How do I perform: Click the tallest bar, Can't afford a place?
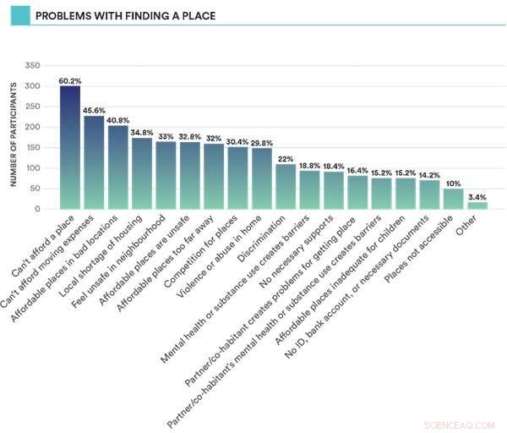[69, 148]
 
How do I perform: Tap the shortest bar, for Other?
[478, 205]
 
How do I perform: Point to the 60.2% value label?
[69, 81]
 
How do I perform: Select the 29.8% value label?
[262, 143]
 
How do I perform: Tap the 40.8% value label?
[117, 120]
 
